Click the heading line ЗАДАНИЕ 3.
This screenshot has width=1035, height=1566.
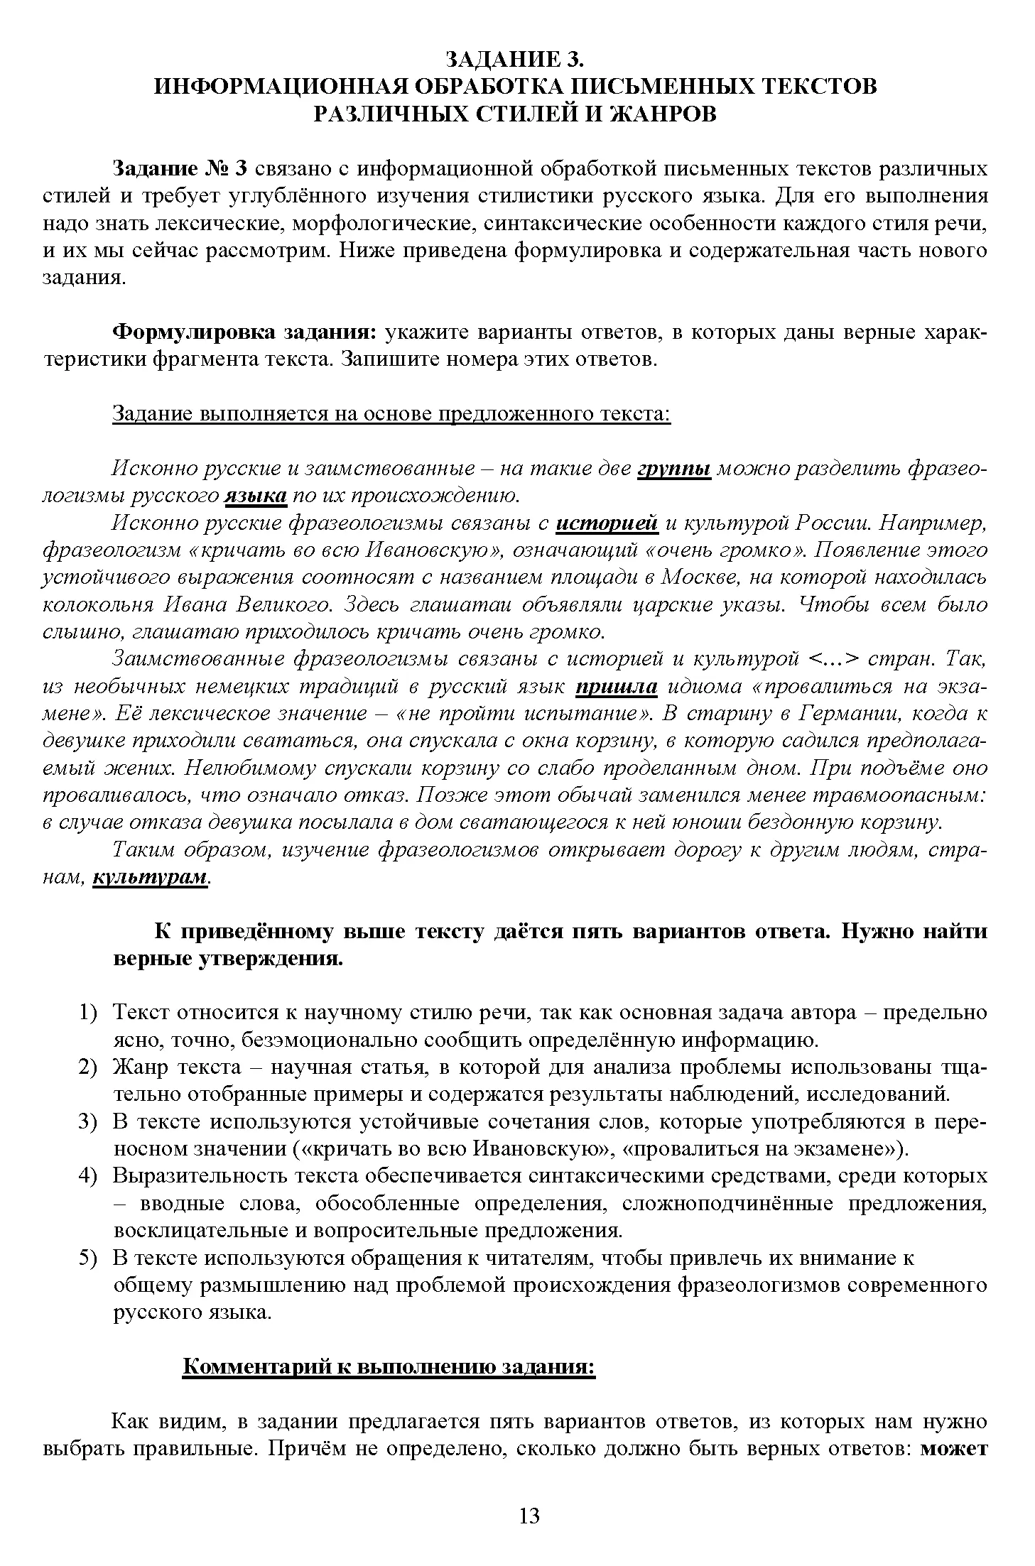pyautogui.click(x=516, y=58)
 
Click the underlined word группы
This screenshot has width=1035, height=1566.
pyautogui.click(x=676, y=469)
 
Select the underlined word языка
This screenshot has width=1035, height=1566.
pyautogui.click(x=256, y=496)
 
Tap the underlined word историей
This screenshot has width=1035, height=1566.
pyautogui.click(x=607, y=523)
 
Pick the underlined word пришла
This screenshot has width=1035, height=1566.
pyautogui.click(x=617, y=687)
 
